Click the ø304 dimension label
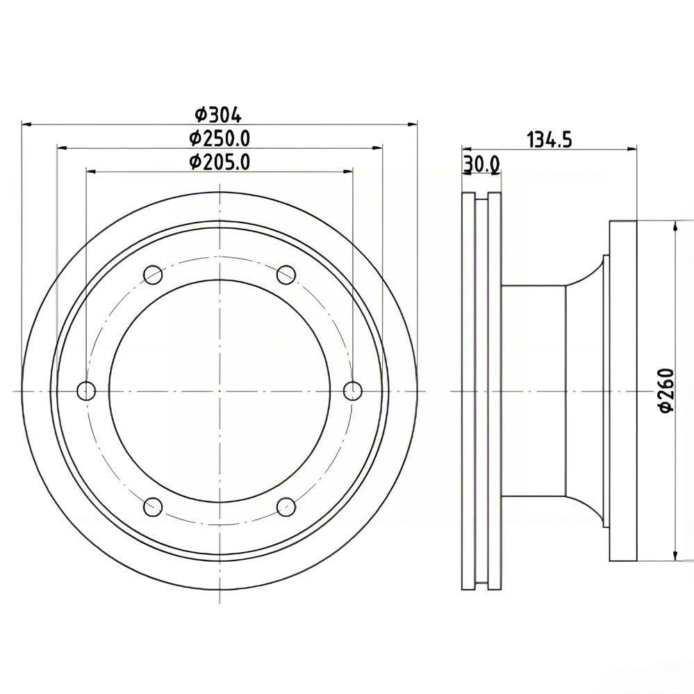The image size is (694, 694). pyautogui.click(x=219, y=115)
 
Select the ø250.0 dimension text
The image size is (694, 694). pyautogui.click(x=220, y=138)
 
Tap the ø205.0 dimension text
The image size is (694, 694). pyautogui.click(x=220, y=162)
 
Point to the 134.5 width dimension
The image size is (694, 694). pyautogui.click(x=550, y=140)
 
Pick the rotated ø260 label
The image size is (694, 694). pyautogui.click(x=666, y=390)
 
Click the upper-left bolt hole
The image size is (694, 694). pyautogui.click(x=153, y=275)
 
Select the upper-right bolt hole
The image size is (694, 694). pyautogui.click(x=286, y=275)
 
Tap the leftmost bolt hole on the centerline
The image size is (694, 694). pyautogui.click(x=86, y=391)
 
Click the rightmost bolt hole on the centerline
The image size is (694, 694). pyautogui.click(x=353, y=391)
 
